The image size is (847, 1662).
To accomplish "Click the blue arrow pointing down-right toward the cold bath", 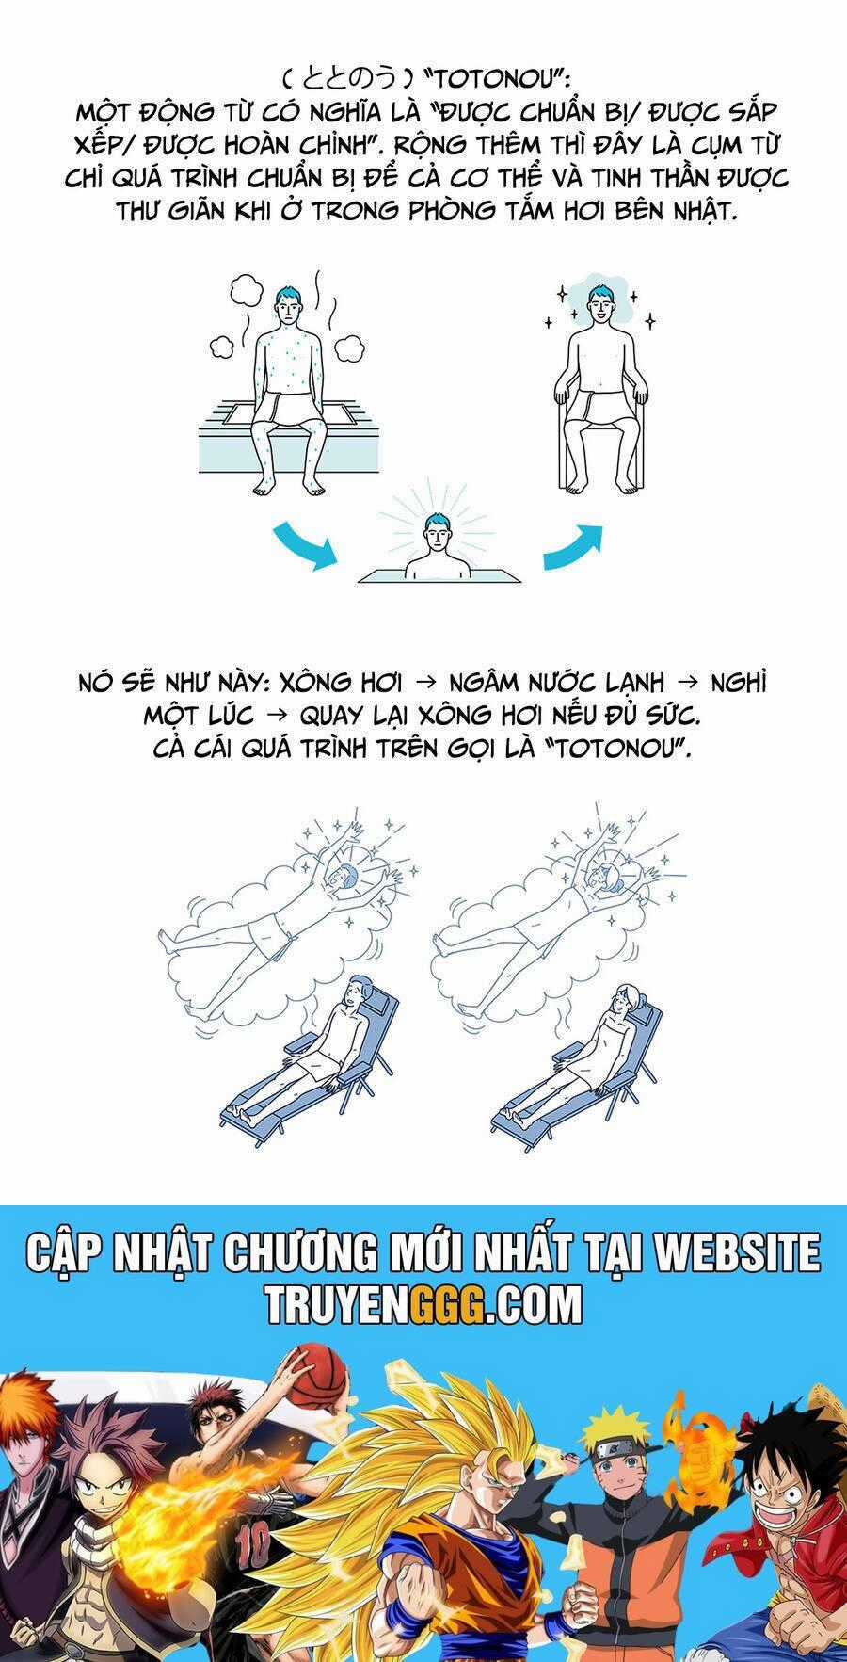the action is (x=303, y=546).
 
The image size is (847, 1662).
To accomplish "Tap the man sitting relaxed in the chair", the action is (x=599, y=386).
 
